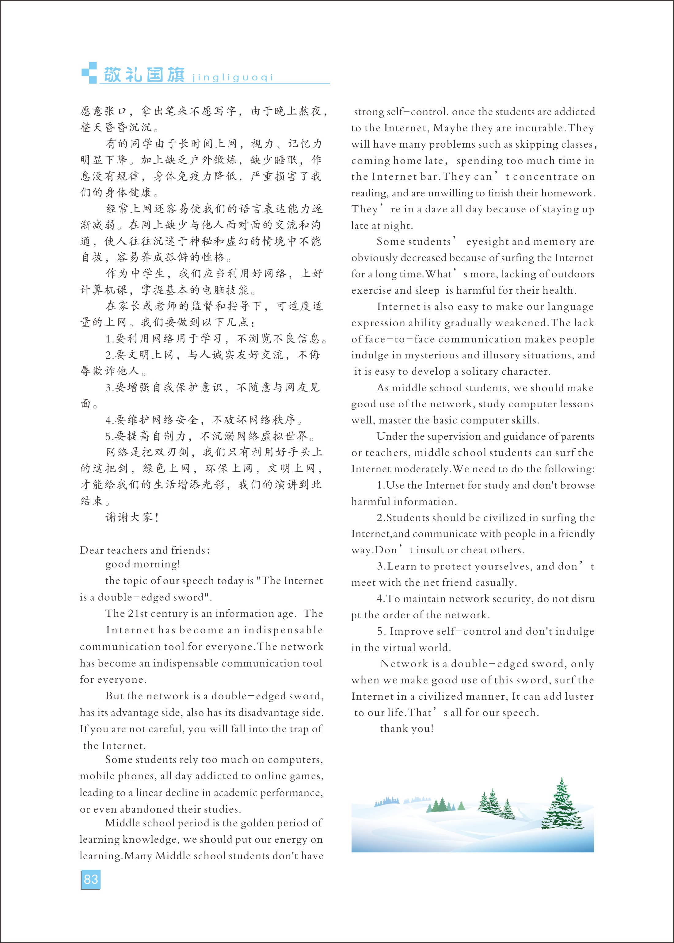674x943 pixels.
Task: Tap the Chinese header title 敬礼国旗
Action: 144,75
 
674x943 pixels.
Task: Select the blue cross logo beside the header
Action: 89,73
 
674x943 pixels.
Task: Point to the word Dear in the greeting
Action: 92,551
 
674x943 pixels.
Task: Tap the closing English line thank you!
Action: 407,729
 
